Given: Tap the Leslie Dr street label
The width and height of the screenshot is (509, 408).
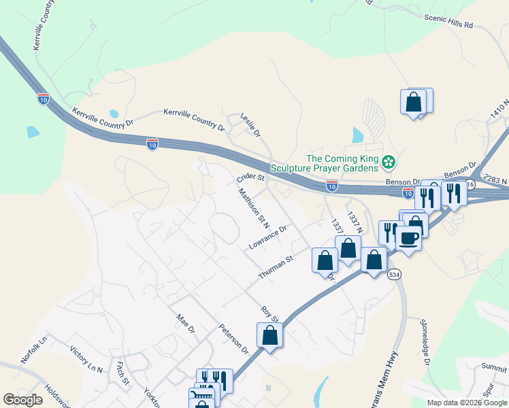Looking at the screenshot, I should pos(251,125).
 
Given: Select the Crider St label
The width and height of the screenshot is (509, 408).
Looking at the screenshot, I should pos(250,178).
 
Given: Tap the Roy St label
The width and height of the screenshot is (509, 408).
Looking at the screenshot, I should pos(270,314).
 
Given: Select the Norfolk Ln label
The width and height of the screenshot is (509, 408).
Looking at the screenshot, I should pos(34,350).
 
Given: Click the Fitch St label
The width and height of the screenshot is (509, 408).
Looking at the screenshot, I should pos(122,373).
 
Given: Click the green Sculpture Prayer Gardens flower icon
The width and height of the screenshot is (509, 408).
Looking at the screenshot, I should pos(388,162).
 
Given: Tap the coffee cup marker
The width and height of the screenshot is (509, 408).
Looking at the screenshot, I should pos(408,238).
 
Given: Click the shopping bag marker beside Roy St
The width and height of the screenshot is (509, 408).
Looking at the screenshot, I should pos(270,335).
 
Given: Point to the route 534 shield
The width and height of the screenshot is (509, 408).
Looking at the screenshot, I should pos(394,274).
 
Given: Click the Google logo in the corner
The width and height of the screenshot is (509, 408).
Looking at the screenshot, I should pos(23,400).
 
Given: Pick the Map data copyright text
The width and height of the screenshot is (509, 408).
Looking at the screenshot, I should pos(466,403).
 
